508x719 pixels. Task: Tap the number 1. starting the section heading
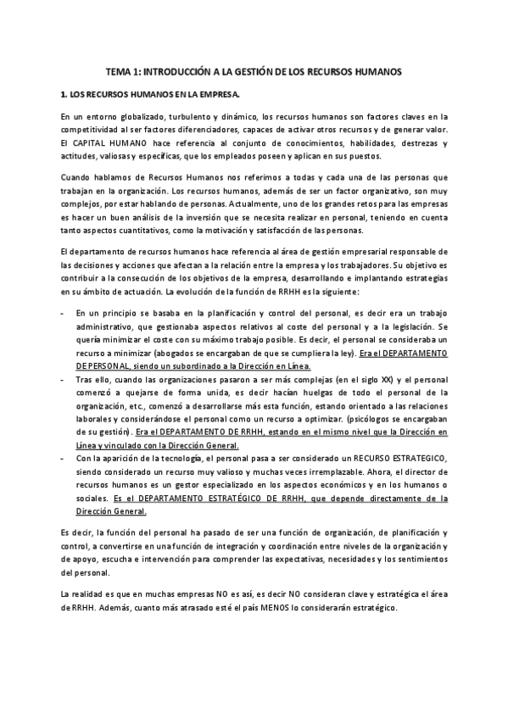point(64,96)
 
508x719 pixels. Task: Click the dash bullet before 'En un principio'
point(64,314)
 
